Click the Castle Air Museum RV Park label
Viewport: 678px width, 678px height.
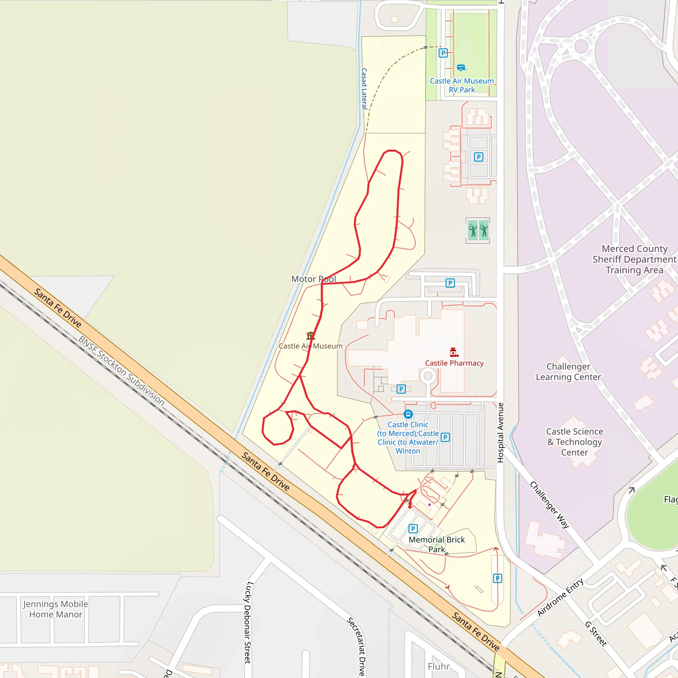(x=461, y=85)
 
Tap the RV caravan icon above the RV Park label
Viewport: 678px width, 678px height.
(x=461, y=68)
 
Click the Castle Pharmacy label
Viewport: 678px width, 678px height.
(x=454, y=363)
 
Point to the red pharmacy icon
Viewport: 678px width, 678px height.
(x=454, y=352)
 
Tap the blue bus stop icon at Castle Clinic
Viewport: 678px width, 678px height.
(x=408, y=414)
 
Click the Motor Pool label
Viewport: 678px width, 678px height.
(x=314, y=279)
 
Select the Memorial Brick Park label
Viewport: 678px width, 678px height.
(x=437, y=544)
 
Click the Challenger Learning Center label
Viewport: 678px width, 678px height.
(x=568, y=372)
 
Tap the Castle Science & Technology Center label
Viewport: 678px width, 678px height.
(x=574, y=442)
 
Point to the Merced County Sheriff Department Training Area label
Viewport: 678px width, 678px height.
(x=635, y=259)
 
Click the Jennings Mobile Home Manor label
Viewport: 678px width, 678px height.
(x=55, y=609)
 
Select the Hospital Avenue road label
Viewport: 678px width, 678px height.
(x=500, y=433)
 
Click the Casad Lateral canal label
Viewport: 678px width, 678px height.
(x=364, y=89)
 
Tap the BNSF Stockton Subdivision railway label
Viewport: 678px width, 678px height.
(x=121, y=371)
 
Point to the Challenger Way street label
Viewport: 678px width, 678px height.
(x=549, y=505)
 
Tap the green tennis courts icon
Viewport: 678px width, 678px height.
(x=478, y=230)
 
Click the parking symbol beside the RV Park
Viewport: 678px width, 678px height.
(x=443, y=53)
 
